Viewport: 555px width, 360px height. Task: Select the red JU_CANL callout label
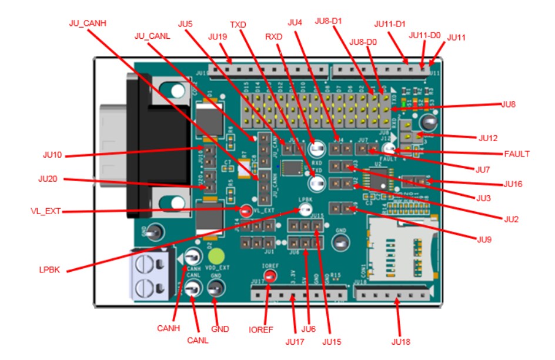[152, 36]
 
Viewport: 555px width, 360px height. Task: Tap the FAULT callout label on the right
[517, 154]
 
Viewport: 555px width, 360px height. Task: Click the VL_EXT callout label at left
[48, 211]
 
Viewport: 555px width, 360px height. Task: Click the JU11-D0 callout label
[425, 35]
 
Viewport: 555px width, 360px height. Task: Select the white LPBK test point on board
[305, 209]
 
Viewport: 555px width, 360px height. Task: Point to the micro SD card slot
[400, 246]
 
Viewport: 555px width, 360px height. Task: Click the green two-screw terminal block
[151, 275]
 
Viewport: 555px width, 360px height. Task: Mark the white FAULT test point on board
[388, 149]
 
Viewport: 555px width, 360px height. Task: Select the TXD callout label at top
[238, 25]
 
